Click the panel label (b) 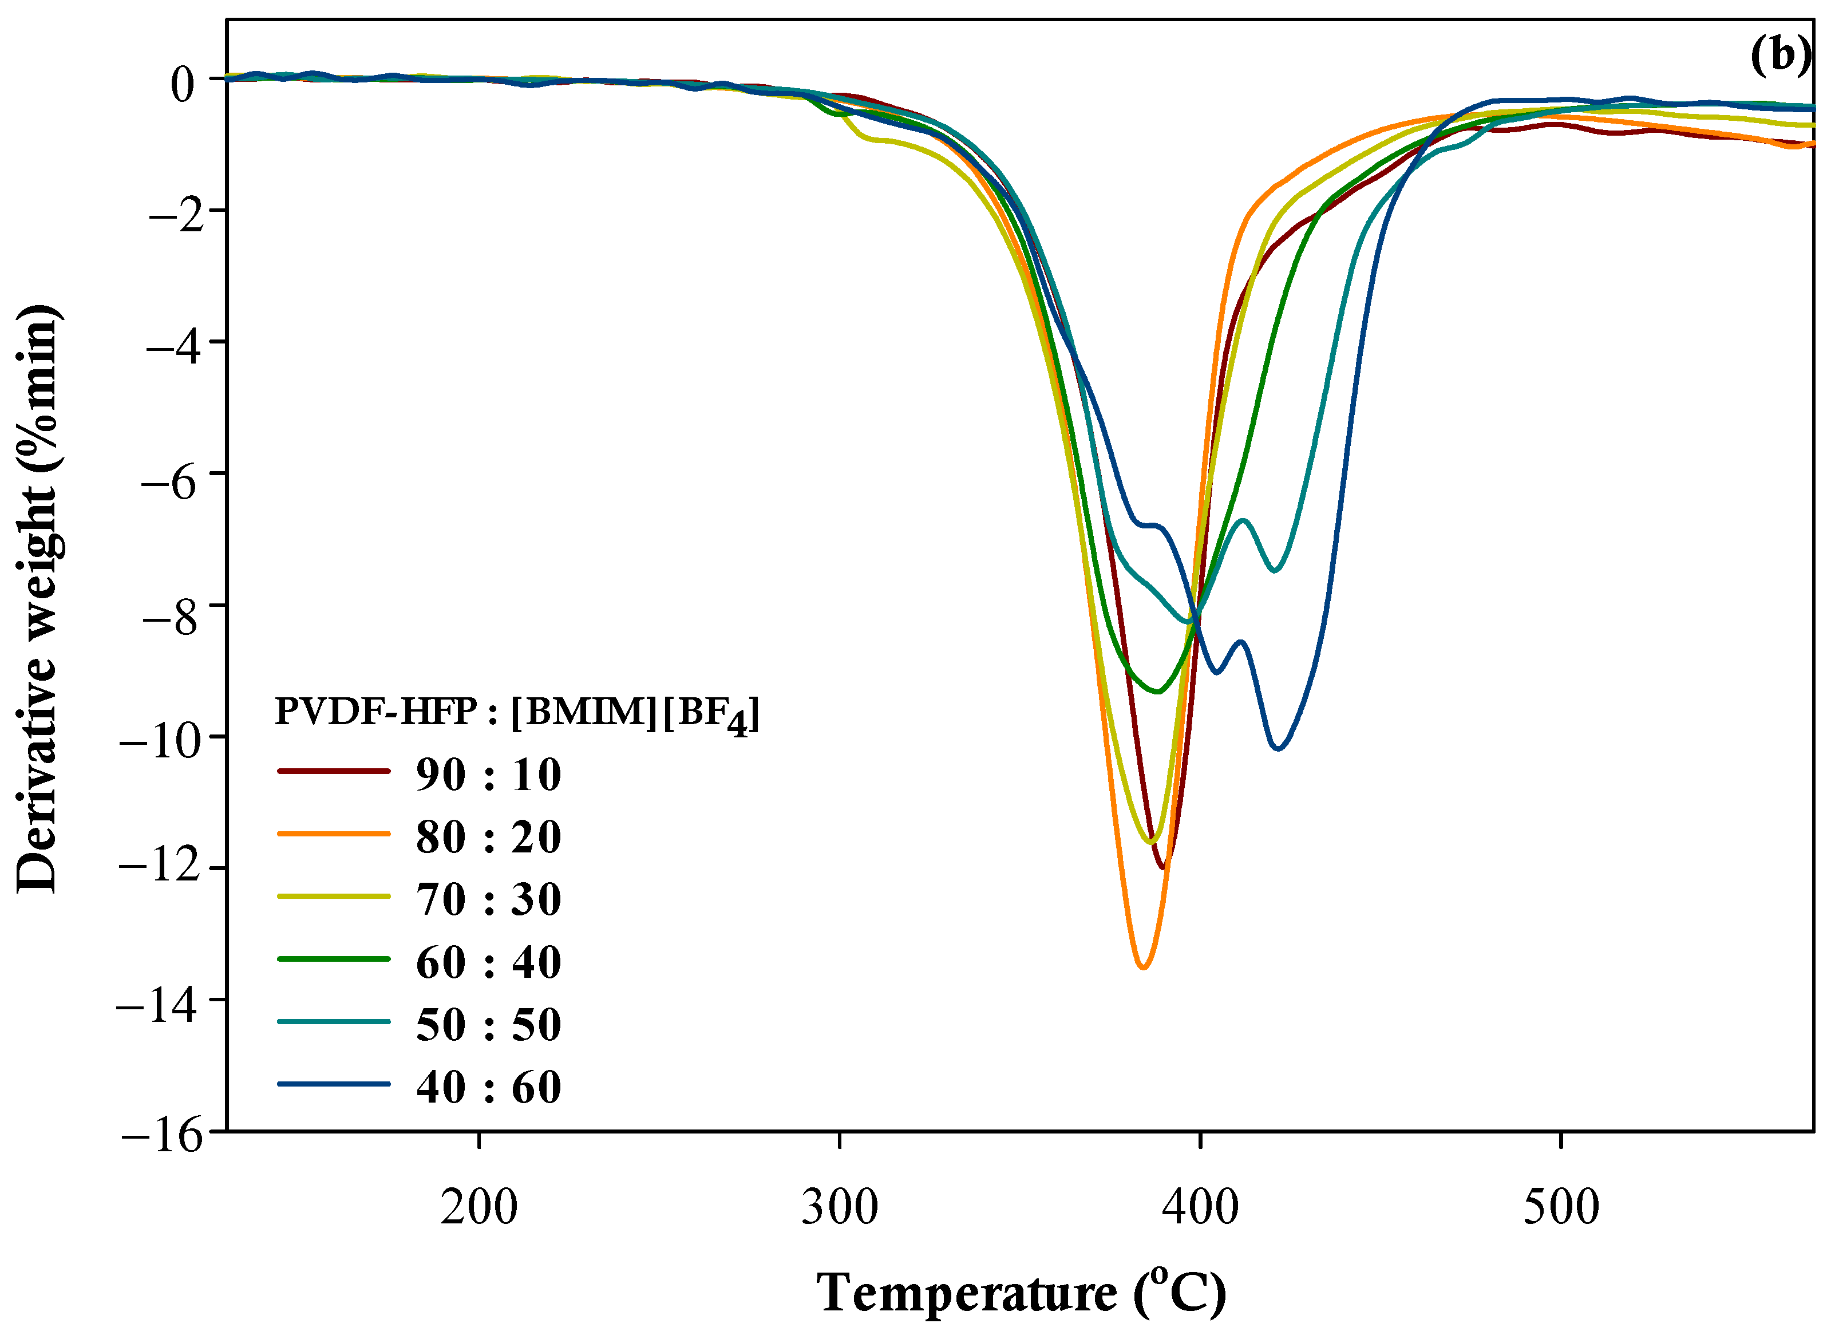click(1780, 57)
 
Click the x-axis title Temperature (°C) click(1022, 1292)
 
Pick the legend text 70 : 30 click(488, 899)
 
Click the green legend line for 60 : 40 click(334, 959)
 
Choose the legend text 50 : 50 click(488, 1025)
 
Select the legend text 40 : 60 click(488, 1087)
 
